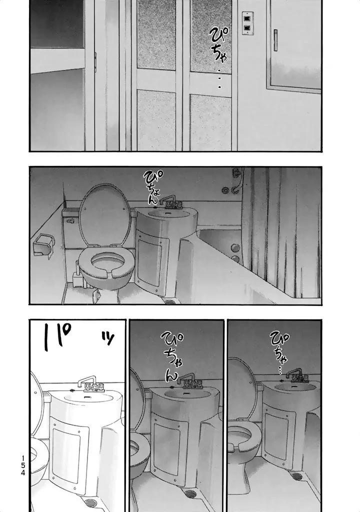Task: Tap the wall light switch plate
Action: point(247,23)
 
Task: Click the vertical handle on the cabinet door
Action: point(275,40)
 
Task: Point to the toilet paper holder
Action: point(42,244)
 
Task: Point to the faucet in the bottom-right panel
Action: point(297,375)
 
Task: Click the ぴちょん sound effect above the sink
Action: point(153,186)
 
